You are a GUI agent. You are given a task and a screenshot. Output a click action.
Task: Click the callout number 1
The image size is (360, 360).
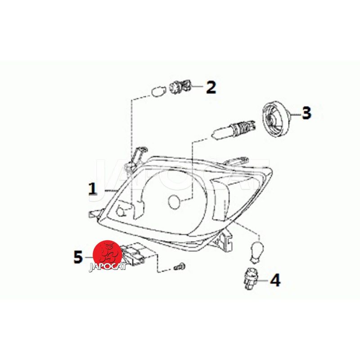click(x=93, y=189)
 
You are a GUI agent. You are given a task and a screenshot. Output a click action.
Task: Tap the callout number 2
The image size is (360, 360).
click(x=211, y=87)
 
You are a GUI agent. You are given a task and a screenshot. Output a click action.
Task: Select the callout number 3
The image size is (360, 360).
click(x=306, y=113)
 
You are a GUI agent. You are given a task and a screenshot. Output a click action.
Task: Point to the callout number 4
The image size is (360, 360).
click(x=275, y=280)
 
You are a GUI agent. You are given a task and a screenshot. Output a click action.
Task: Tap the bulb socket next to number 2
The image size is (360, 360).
click(x=180, y=87)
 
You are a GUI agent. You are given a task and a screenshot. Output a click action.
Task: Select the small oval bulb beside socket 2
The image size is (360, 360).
click(x=159, y=91)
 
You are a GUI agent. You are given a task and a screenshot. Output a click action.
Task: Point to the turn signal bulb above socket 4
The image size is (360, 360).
click(x=256, y=252)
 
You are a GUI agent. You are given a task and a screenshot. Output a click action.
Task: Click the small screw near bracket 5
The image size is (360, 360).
click(x=180, y=266)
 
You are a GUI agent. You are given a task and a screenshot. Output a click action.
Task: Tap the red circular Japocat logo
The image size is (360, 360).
click(x=107, y=255)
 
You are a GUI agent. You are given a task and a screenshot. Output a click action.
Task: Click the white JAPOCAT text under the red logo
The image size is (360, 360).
click(x=108, y=267)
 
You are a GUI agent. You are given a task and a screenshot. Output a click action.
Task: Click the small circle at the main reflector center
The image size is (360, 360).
click(x=175, y=202)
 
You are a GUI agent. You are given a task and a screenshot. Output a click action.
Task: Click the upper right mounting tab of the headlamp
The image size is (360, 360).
click(x=236, y=161)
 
